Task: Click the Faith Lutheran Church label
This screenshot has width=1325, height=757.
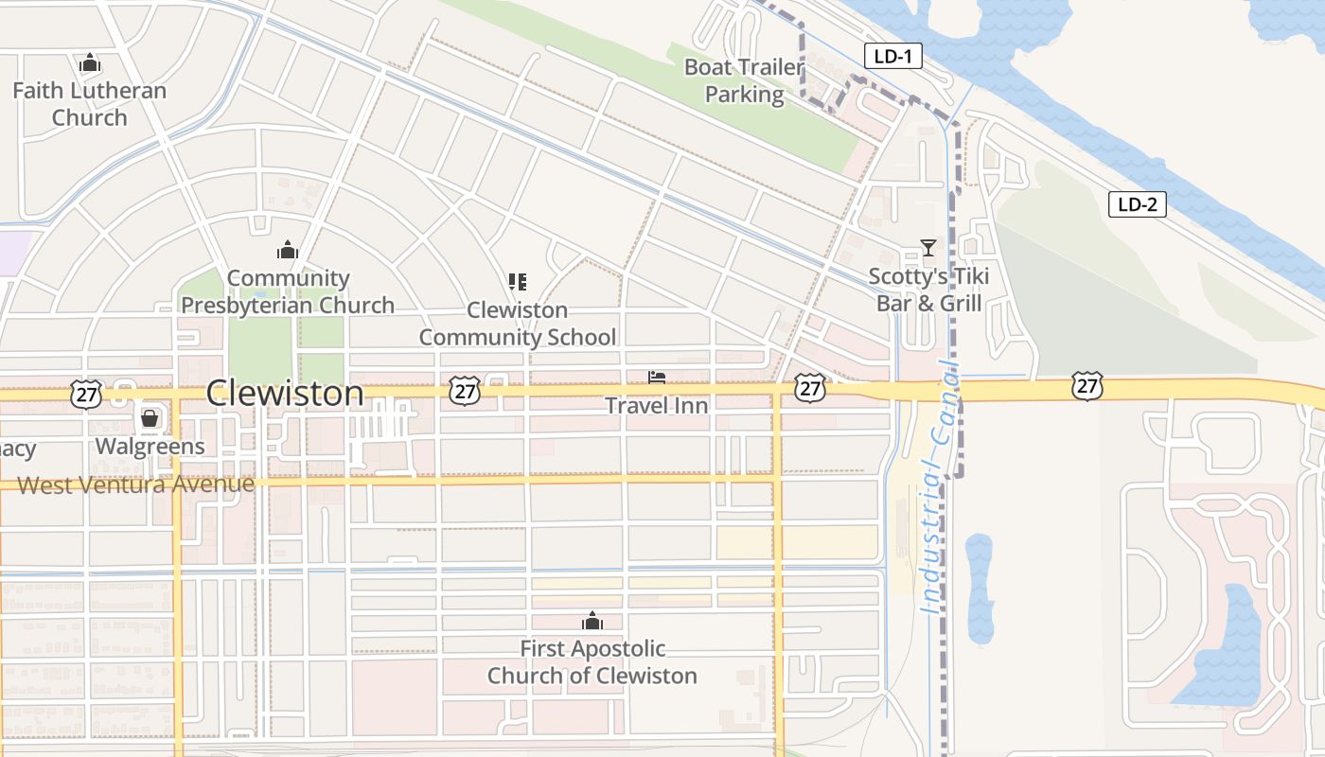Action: (89, 104)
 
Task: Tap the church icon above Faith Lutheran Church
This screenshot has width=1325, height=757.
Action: (90, 63)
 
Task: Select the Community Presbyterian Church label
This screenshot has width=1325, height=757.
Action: (288, 291)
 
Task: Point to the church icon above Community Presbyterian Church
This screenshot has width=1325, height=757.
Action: (288, 250)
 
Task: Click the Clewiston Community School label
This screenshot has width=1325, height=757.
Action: (518, 324)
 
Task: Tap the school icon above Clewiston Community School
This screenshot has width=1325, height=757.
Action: (517, 281)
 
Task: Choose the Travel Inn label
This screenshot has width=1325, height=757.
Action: (657, 405)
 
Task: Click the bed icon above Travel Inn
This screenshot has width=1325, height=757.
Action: (657, 378)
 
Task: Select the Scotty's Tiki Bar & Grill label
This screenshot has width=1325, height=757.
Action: (928, 290)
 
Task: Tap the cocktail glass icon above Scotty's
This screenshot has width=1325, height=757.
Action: (928, 248)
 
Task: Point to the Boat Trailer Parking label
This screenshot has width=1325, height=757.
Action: (744, 80)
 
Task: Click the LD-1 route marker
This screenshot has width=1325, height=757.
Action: (893, 57)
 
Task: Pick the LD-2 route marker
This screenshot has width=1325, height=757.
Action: (1137, 204)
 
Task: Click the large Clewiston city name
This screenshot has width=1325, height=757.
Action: (284, 393)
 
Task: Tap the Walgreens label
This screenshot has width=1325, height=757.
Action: (150, 447)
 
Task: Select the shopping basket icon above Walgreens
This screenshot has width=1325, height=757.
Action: (150, 417)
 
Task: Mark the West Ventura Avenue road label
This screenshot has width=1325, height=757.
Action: (136, 484)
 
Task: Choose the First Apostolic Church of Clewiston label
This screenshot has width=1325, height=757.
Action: (592, 662)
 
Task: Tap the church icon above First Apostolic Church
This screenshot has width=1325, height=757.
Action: (592, 621)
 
